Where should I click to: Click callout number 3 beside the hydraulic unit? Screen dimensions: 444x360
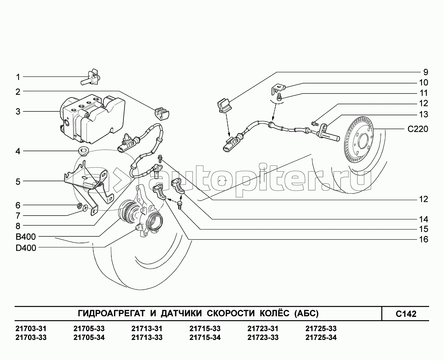click(18, 112)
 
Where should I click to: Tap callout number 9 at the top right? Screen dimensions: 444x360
click(426, 72)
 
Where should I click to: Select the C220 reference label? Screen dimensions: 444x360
click(418, 129)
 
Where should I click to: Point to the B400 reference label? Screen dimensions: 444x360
click(26, 237)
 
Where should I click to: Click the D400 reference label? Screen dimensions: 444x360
click(26, 248)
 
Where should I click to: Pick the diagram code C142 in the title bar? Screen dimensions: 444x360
click(406, 314)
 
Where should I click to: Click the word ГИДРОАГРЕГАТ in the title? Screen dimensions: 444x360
click(111, 313)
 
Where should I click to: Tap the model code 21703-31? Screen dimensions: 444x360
click(31, 329)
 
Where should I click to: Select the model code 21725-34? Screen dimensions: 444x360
click(321, 337)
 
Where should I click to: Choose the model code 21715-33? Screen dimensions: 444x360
click(205, 329)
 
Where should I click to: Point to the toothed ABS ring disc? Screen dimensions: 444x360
click(358, 139)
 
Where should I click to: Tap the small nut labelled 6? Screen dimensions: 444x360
click(79, 206)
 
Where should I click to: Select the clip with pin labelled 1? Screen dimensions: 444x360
click(90, 78)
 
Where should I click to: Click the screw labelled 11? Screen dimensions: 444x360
click(279, 97)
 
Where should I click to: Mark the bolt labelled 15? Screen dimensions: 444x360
click(180, 205)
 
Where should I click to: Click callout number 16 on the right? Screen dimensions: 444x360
click(424, 239)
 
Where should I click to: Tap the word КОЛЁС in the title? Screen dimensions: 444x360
click(275, 313)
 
